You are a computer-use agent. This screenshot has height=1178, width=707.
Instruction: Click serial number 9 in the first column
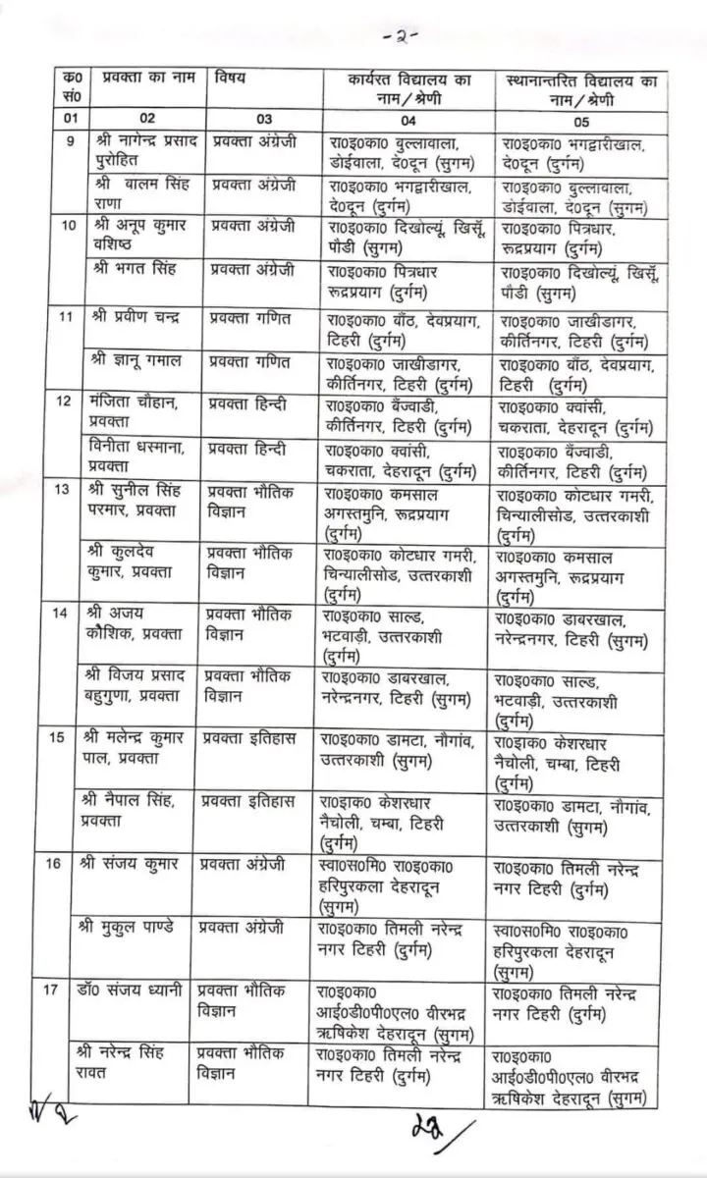point(66,142)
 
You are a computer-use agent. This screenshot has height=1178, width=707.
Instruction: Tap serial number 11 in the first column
point(66,319)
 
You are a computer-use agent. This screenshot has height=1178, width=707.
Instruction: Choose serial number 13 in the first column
point(66,491)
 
